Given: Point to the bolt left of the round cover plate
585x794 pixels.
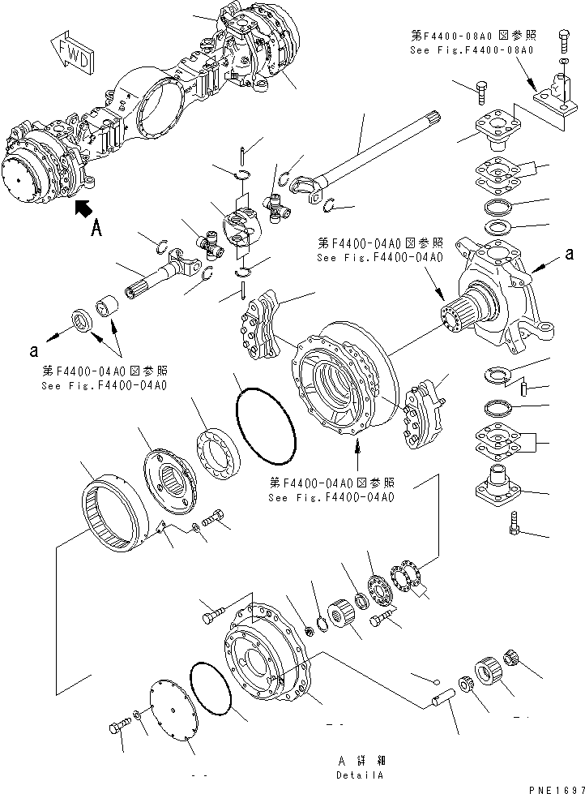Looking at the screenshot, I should (118, 727).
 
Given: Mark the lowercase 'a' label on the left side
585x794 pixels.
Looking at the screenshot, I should (33, 350).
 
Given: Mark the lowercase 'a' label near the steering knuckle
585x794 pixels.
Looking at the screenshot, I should (570, 254).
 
